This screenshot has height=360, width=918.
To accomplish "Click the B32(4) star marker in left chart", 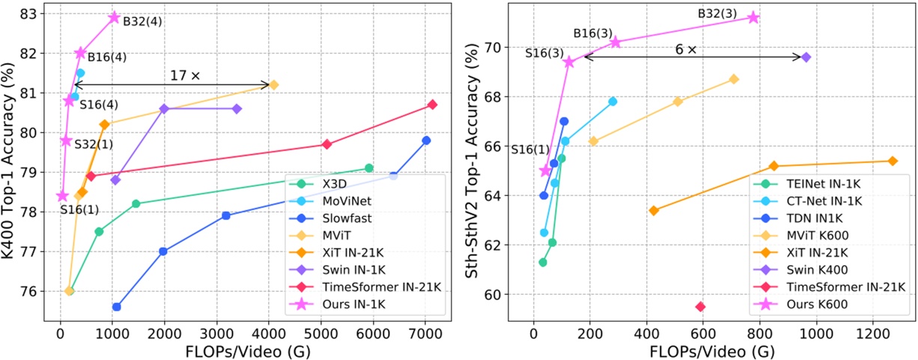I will pyautogui.click(x=114, y=17).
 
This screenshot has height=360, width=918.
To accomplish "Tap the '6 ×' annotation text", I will pyautogui.click(x=684, y=49).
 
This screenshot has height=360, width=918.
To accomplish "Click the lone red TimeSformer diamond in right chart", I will pyautogui.click(x=700, y=306).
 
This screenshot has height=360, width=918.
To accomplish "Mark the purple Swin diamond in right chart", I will pyautogui.click(x=806, y=57).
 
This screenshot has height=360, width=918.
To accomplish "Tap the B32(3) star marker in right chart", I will pyautogui.click(x=753, y=17).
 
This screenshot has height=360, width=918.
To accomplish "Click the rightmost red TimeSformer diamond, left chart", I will pyautogui.click(x=432, y=105).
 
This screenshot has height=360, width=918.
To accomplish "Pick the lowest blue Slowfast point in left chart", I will pyautogui.click(x=117, y=307).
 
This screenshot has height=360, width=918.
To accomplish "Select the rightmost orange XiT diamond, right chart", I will pyautogui.click(x=892, y=161).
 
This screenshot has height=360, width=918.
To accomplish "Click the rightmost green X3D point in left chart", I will pyautogui.click(x=368, y=168).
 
